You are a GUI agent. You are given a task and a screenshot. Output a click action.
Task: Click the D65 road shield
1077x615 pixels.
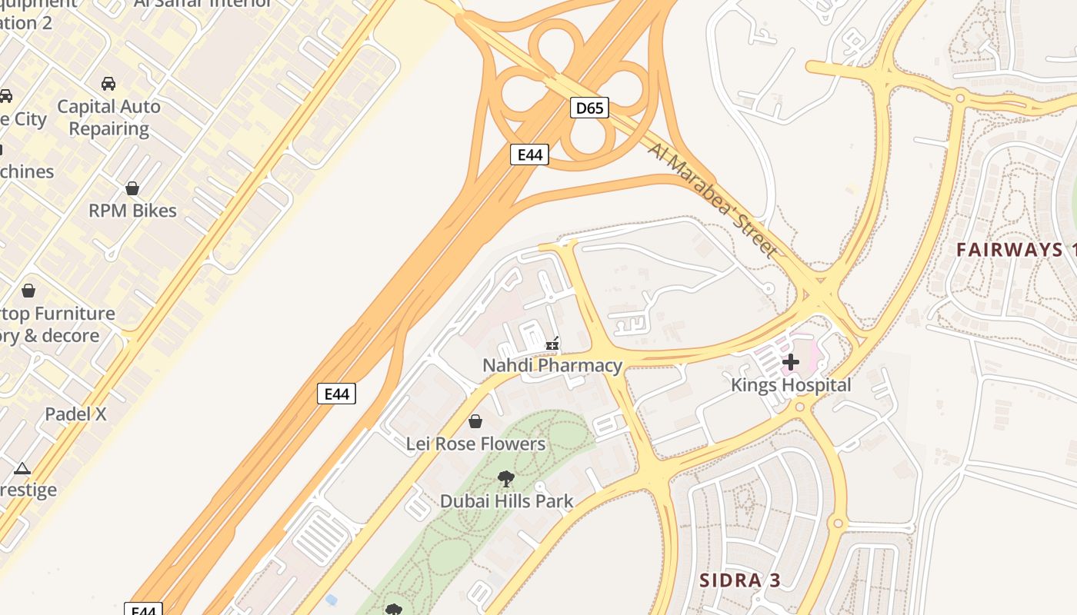[590, 108]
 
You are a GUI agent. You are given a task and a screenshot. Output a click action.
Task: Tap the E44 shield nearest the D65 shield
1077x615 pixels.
[529, 155]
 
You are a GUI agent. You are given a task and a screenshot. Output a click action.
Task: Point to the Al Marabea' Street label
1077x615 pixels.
[712, 198]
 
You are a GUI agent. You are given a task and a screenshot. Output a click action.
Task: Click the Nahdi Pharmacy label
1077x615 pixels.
[552, 365]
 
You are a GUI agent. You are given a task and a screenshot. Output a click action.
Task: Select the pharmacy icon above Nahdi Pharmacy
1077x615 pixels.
[552, 344]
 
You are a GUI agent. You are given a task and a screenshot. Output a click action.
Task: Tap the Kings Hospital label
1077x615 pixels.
[791, 385]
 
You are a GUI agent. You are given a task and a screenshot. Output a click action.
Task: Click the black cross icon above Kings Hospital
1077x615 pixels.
[791, 362]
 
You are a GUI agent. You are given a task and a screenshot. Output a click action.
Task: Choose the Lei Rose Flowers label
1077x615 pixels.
[475, 444]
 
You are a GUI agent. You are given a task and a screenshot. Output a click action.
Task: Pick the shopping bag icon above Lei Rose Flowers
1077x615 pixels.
[475, 421]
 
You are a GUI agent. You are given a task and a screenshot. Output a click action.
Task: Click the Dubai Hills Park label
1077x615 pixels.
[506, 501]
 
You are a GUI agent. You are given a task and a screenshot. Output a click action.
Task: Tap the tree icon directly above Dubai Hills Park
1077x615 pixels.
[506, 479]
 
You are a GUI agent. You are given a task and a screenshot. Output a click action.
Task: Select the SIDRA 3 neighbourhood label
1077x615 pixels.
[740, 580]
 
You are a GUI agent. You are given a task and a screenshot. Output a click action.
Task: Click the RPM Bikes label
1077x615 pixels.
[132, 211]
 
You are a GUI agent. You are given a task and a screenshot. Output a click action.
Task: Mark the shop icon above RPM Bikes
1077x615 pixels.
[132, 188]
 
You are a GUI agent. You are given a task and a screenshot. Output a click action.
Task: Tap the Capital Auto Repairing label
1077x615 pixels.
[109, 117]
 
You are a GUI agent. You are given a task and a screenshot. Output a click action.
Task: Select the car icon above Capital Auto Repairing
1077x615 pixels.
[108, 83]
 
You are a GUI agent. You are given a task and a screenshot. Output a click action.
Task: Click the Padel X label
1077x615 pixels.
[75, 414]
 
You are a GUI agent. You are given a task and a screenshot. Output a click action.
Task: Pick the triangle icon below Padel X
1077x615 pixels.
[22, 468]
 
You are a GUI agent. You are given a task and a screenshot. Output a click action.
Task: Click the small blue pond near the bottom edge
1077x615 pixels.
[331, 599]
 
